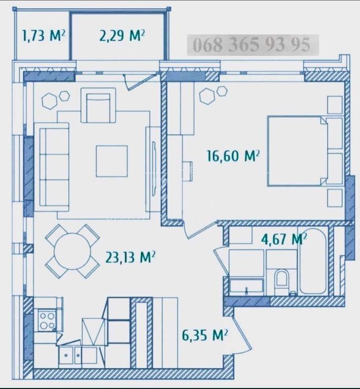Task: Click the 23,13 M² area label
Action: [x=131, y=257]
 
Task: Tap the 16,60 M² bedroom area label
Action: [x=233, y=156]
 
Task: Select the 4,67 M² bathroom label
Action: [x=284, y=239]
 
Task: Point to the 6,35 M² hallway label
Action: [x=205, y=336]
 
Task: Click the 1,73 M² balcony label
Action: [x=43, y=36]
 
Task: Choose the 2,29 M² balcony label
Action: [x=122, y=36]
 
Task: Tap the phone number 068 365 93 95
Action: [x=251, y=45]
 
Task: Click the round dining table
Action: [x=72, y=251]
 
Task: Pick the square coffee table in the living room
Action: [x=112, y=161]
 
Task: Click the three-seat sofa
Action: [x=52, y=167]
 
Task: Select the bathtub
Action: [x=313, y=263]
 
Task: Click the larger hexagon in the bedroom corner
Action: [x=207, y=96]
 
